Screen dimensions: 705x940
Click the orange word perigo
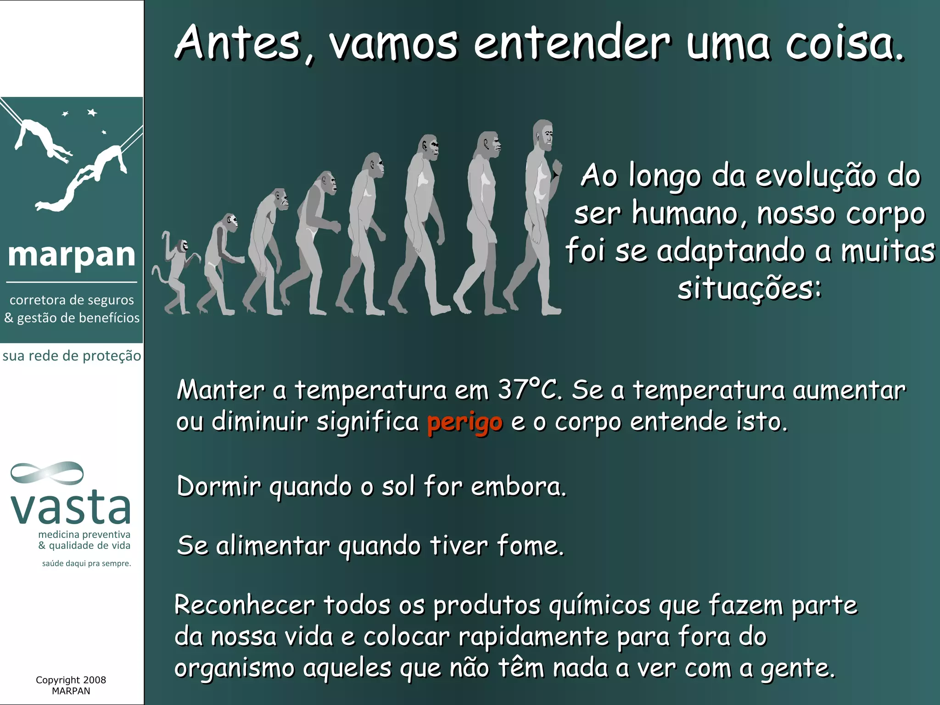[464, 423]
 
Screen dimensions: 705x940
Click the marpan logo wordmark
[72, 255]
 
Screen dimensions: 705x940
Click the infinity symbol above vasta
[47, 473]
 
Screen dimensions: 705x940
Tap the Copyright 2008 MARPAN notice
[71, 685]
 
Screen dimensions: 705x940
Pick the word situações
[749, 289]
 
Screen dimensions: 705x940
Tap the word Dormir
[218, 487]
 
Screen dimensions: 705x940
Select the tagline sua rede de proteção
[72, 356]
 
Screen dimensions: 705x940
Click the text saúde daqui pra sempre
[86, 563]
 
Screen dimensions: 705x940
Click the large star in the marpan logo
[92, 112]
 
